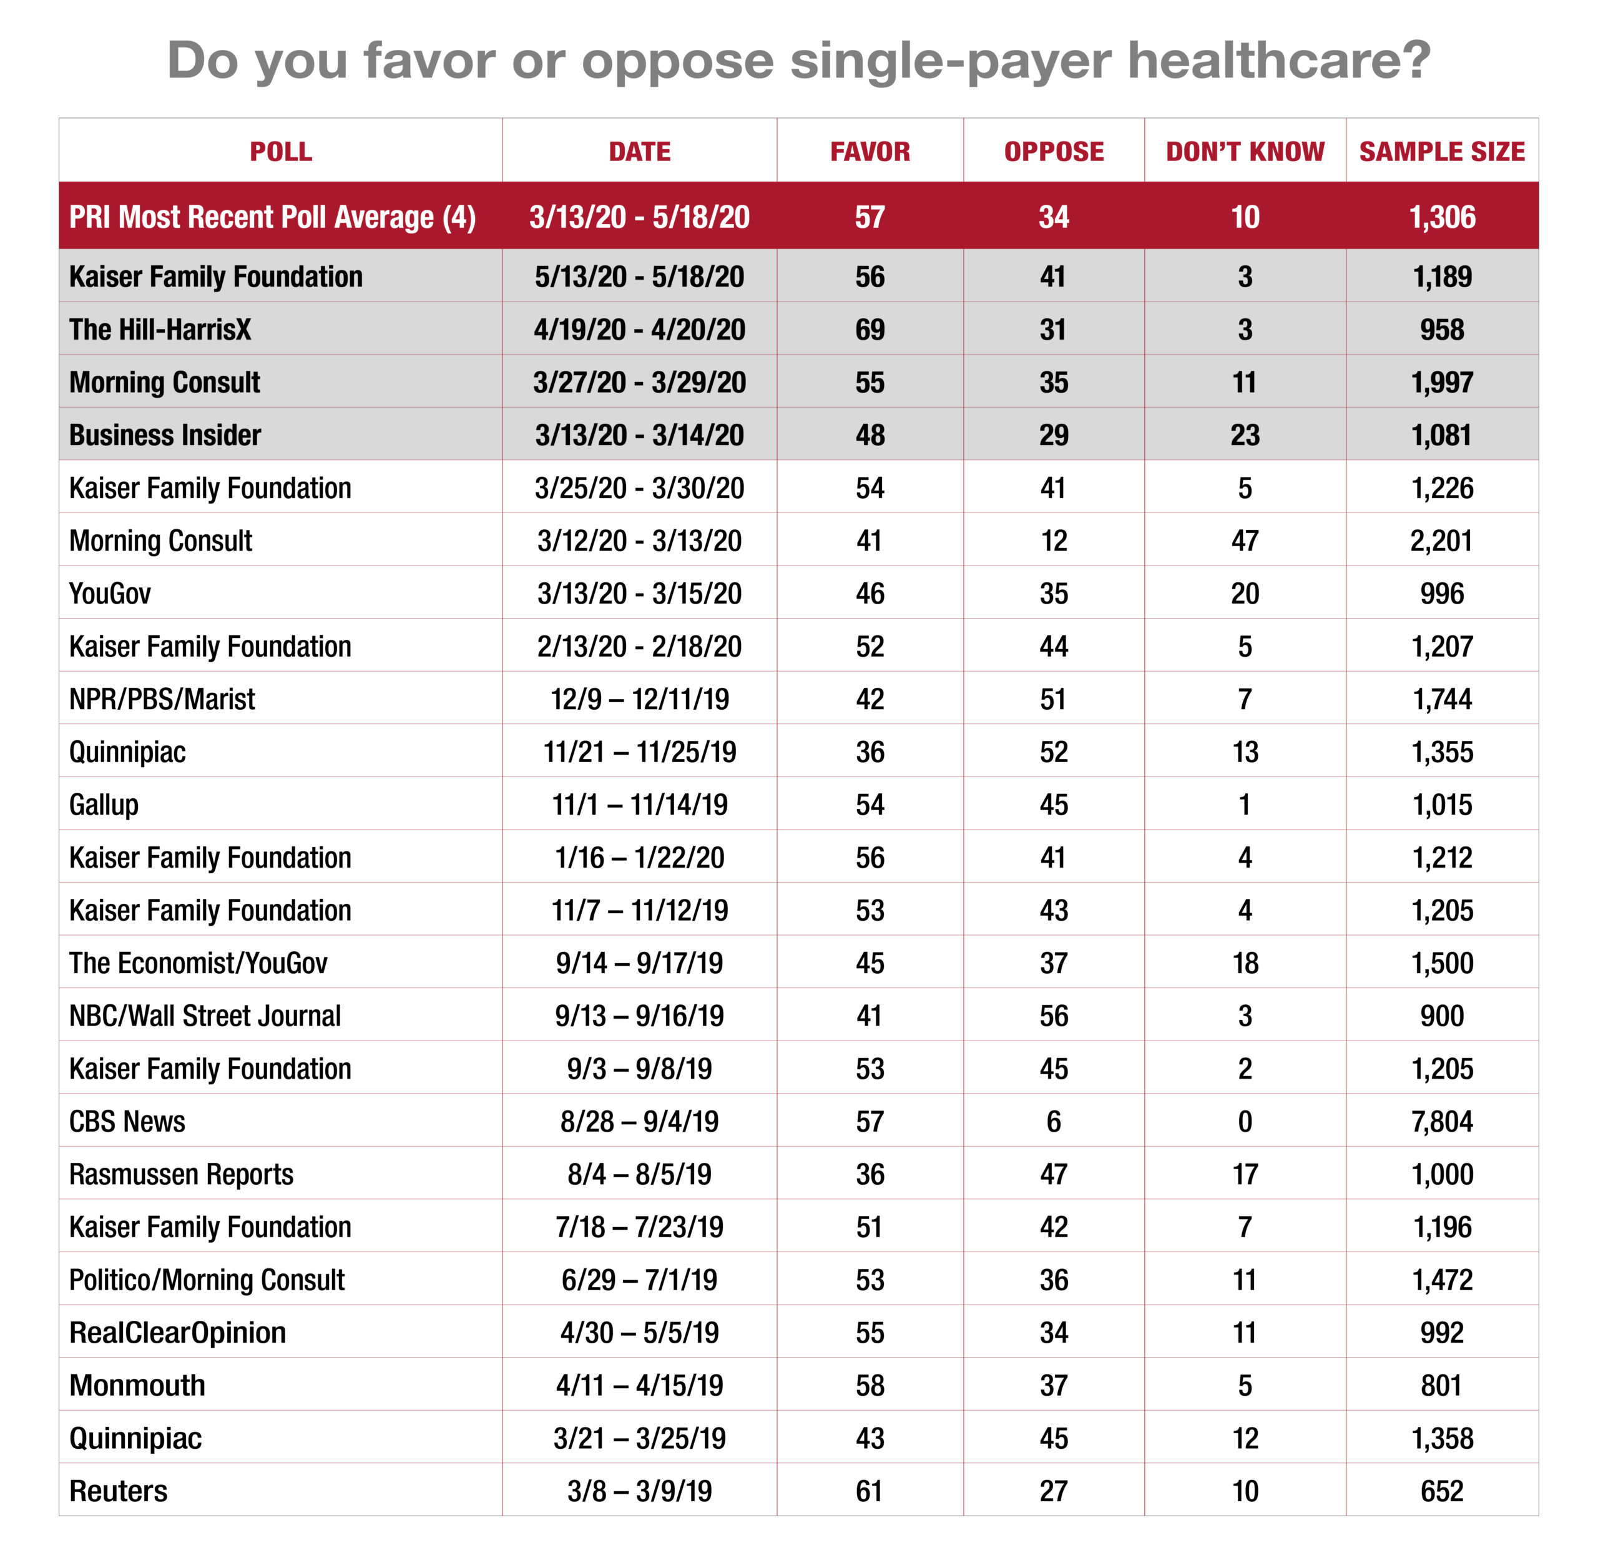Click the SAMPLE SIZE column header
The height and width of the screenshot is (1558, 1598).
[1442, 152]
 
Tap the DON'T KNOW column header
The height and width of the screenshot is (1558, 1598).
[1245, 152]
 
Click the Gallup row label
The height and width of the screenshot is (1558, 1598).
[104, 805]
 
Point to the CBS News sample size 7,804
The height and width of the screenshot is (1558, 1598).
[1442, 1121]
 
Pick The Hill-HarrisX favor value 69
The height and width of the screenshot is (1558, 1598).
[870, 330]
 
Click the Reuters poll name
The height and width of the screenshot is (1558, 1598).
[118, 1491]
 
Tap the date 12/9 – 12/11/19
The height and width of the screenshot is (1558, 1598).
[639, 699]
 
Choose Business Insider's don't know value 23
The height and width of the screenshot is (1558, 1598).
[1245, 435]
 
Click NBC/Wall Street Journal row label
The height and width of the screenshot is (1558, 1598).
[205, 1016]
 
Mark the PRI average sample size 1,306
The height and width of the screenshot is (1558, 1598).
[1442, 217]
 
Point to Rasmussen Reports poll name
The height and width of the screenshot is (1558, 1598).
[181, 1174]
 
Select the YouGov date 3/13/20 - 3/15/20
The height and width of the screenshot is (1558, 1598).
[639, 593]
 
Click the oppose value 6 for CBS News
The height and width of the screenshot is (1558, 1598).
[1053, 1121]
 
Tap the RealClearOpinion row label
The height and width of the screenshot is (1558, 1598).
[177, 1333]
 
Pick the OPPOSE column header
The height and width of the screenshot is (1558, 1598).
[1054, 152]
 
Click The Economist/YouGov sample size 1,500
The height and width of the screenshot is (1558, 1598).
[1442, 963]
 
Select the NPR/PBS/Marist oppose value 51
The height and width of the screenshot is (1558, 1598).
[1053, 699]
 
